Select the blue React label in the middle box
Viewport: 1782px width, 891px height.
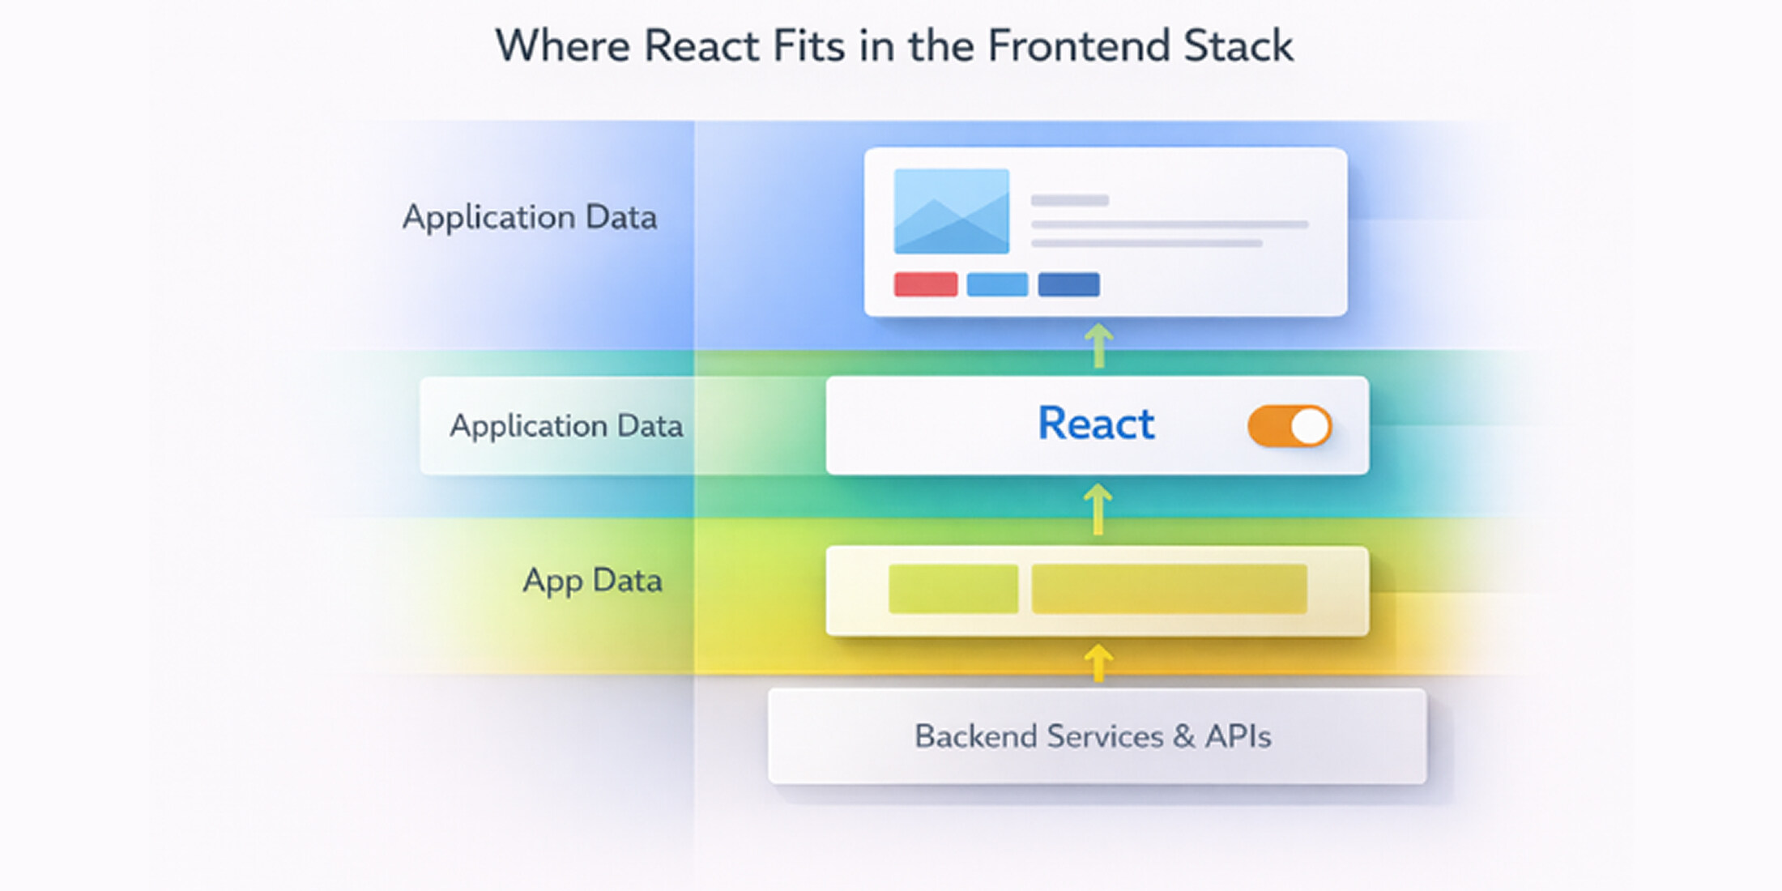coord(1095,424)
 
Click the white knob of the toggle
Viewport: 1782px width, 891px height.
coord(1309,426)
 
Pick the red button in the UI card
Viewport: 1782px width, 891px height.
coord(925,284)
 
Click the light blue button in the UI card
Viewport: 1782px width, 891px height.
coord(997,284)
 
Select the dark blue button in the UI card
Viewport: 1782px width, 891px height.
coord(1068,284)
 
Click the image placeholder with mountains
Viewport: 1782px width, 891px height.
coord(951,211)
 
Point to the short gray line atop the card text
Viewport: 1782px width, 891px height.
coord(1069,200)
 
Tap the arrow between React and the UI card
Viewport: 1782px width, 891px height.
coord(1098,346)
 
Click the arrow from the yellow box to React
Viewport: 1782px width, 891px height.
coord(1098,509)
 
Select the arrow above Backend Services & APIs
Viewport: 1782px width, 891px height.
coord(1098,663)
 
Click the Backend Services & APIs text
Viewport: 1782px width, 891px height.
coord(1092,736)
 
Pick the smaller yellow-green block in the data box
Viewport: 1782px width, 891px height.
coord(953,589)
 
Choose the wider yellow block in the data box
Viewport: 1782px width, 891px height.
coord(1168,589)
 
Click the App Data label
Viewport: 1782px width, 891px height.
coord(592,581)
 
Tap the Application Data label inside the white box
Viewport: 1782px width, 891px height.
coord(565,426)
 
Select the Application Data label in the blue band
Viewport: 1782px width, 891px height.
coord(529,217)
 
